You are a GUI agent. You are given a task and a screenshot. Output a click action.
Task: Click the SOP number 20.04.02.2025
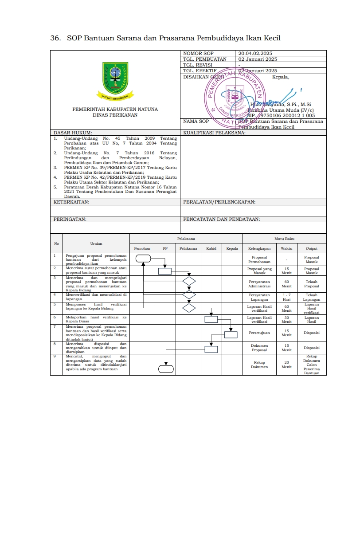pyautogui.click(x=255, y=53)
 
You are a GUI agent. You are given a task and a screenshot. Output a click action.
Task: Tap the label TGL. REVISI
pyautogui.click(x=198, y=65)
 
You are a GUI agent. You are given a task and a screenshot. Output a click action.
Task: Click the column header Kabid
pyautogui.click(x=211, y=249)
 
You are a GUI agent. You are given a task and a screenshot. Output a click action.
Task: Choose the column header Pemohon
pyautogui.click(x=142, y=249)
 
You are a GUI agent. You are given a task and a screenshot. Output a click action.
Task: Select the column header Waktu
pyautogui.click(x=287, y=249)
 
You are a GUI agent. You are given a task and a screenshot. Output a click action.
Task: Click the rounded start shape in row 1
pyautogui.click(x=143, y=259)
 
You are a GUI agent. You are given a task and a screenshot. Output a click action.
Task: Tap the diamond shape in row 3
pyautogui.click(x=189, y=281)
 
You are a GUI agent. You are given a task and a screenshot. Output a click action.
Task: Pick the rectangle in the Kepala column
pyautogui.click(x=231, y=335)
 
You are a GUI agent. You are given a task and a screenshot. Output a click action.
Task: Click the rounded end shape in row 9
pyautogui.click(x=166, y=368)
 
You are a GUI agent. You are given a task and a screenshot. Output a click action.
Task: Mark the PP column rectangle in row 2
pyautogui.click(x=165, y=271)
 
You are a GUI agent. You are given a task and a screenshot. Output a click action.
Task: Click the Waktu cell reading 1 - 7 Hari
pyautogui.click(x=287, y=297)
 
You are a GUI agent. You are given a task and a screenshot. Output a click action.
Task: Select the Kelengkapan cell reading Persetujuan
pyautogui.click(x=259, y=333)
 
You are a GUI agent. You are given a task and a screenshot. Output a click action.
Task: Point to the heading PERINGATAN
pyautogui.click(x=70, y=219)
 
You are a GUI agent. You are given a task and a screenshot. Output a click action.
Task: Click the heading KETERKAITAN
pyautogui.click(x=71, y=202)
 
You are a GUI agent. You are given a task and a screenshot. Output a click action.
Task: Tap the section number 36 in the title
pyautogui.click(x=55, y=39)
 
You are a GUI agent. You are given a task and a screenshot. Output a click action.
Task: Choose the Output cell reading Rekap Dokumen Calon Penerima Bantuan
pyautogui.click(x=312, y=365)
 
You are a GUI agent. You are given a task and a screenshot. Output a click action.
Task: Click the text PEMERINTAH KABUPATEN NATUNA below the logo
pyautogui.click(x=115, y=109)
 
